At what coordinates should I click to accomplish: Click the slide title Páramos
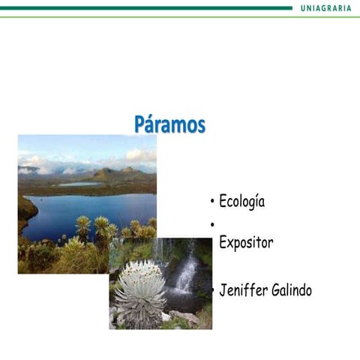point(169,124)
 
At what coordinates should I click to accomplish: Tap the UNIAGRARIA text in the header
point(325,7)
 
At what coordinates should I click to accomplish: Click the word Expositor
point(246,243)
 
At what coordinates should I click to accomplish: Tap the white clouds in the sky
point(139,155)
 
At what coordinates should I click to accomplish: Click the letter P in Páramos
point(140,124)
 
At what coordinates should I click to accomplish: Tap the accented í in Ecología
point(253,201)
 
